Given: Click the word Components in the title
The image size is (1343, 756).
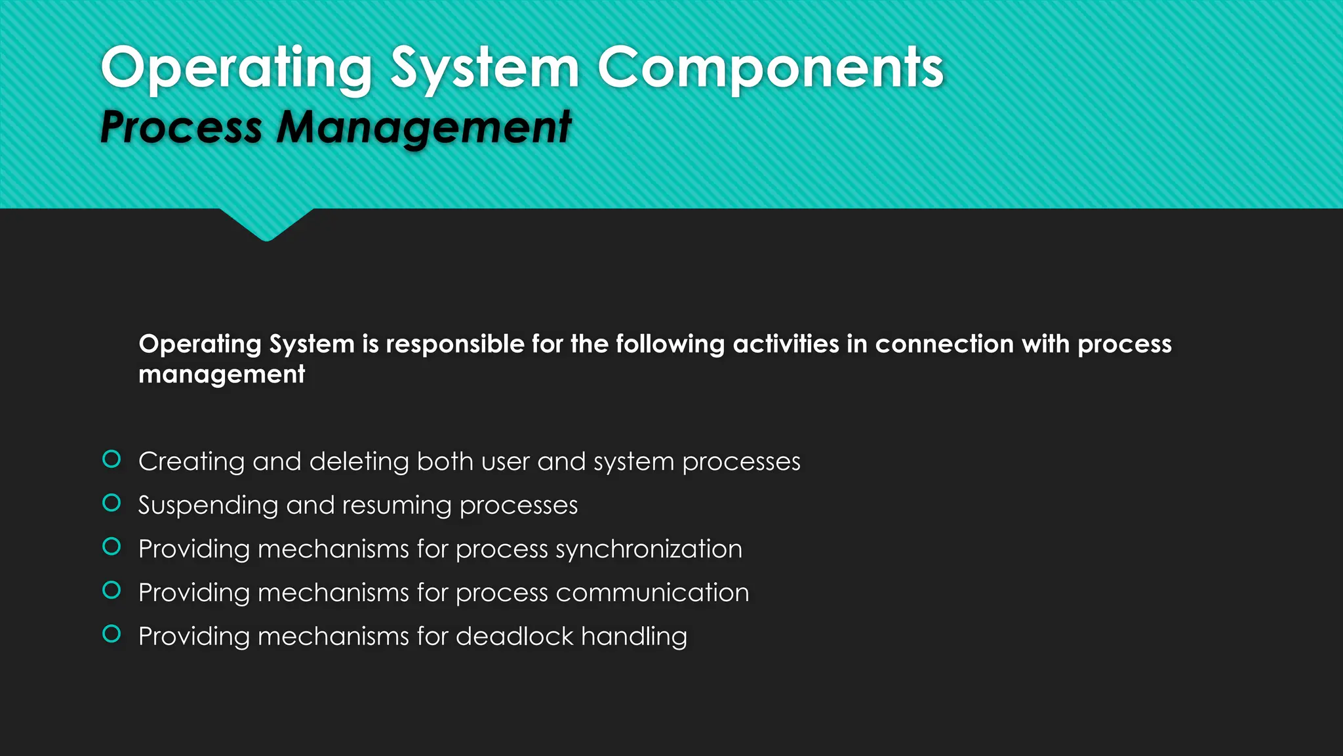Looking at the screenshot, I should click(770, 69).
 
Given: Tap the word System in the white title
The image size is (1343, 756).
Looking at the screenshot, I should click(485, 69).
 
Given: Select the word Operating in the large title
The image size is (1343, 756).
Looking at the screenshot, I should click(237, 69).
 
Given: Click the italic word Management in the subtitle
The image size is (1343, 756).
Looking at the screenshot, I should click(424, 127).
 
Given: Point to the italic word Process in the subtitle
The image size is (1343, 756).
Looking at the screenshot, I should click(182, 127).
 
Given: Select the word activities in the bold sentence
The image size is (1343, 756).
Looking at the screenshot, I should click(786, 344).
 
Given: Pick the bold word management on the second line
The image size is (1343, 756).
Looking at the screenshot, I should click(222, 375).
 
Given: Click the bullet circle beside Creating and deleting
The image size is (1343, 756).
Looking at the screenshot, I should click(111, 459).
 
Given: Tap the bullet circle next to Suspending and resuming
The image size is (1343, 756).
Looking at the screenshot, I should click(111, 503).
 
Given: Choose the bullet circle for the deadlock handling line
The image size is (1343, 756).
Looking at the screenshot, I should click(111, 634).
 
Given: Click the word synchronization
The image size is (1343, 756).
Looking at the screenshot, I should click(649, 549).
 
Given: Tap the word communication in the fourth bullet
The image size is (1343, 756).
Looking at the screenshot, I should click(652, 593).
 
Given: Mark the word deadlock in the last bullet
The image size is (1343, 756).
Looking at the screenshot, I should click(515, 636).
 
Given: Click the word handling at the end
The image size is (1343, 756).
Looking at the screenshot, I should click(634, 637).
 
